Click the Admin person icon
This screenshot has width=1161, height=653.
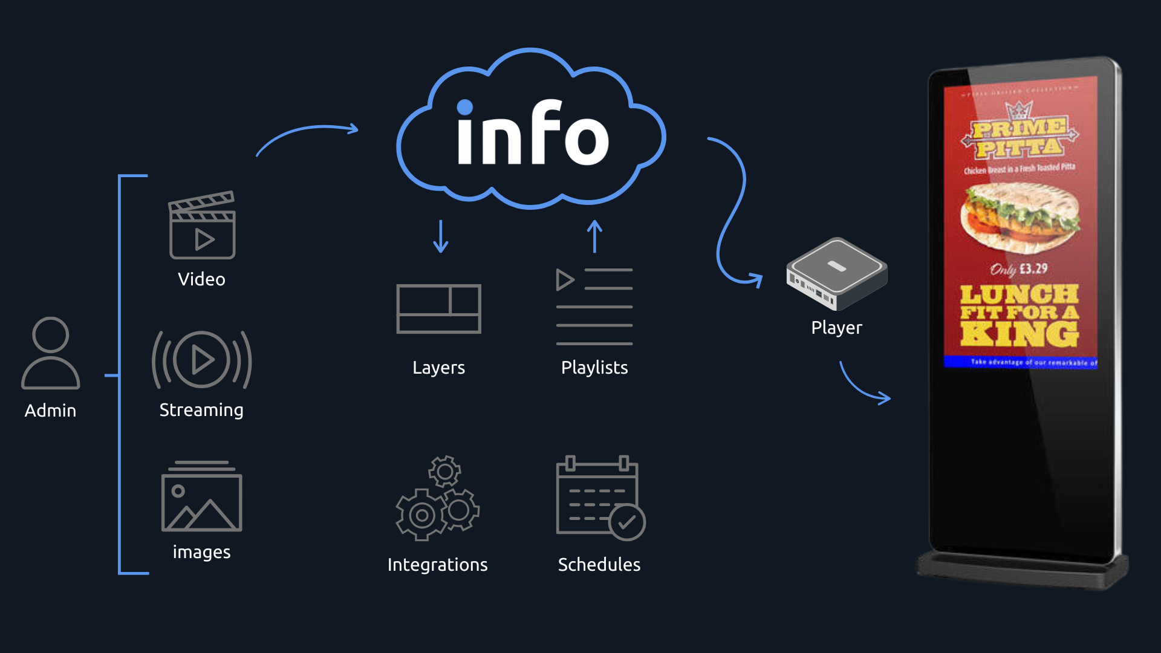point(51,353)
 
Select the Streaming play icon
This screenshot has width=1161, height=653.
point(202,360)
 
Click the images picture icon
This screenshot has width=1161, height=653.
point(202,496)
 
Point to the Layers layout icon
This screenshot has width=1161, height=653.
point(438,308)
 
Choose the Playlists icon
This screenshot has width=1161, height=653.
point(594,307)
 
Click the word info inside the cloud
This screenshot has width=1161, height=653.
point(532,134)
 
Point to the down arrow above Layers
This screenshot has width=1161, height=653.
point(441,236)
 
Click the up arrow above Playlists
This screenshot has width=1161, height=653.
point(595,236)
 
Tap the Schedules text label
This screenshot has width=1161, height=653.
point(599,565)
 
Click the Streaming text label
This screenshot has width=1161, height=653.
point(201,410)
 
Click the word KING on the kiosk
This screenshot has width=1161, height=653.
point(1020,334)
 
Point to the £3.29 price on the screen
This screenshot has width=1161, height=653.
point(1033,268)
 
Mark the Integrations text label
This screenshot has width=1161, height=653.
point(437,565)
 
